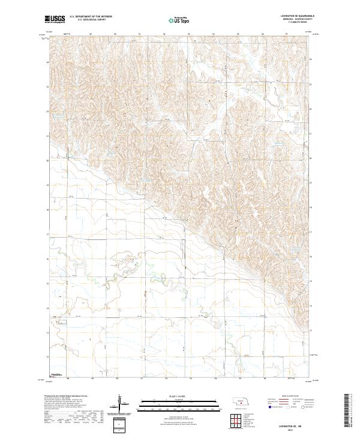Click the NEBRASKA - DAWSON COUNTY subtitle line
pyautogui.click(x=292, y=19)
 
